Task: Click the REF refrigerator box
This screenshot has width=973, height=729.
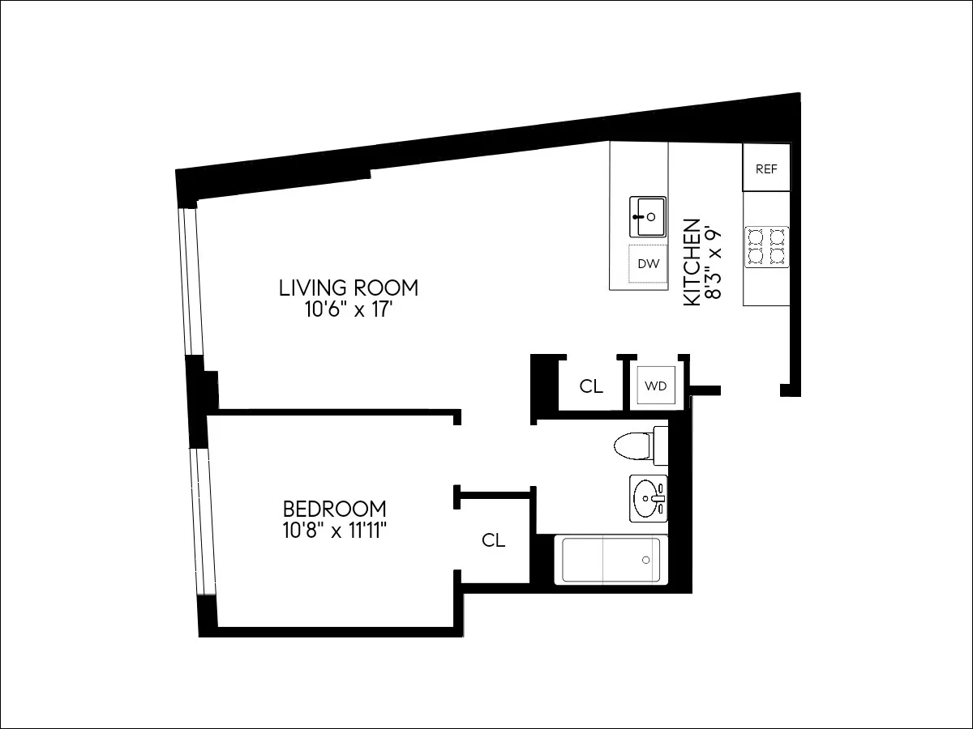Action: pyautogui.click(x=766, y=168)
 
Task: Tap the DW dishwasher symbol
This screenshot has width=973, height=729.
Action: pyautogui.click(x=648, y=263)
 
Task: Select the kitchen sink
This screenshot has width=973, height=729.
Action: pyautogui.click(x=648, y=216)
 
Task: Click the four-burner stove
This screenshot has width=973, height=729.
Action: pyautogui.click(x=766, y=246)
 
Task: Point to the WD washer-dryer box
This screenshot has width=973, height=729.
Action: pyautogui.click(x=655, y=386)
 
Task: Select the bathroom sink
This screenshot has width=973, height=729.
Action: pyautogui.click(x=648, y=498)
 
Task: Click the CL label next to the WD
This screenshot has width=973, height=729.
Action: pyautogui.click(x=591, y=386)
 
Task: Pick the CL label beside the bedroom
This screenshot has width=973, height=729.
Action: pyautogui.click(x=493, y=540)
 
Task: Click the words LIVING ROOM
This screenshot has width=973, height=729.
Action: pyautogui.click(x=349, y=288)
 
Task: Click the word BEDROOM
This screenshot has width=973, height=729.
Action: pyautogui.click(x=334, y=509)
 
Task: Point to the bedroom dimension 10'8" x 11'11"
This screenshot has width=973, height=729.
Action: pyautogui.click(x=334, y=531)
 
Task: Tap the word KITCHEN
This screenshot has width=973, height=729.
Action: pyautogui.click(x=692, y=262)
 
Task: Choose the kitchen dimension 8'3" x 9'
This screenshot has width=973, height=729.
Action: pyautogui.click(x=713, y=262)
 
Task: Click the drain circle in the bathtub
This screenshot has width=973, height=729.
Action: pyautogui.click(x=646, y=560)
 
